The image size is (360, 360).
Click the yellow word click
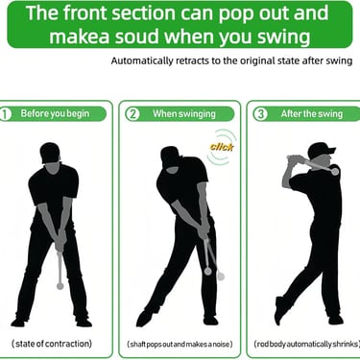tap(222, 147)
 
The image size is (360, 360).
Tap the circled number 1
tap(5, 114)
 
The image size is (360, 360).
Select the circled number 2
tap(132, 114)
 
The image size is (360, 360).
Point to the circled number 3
tap(260, 114)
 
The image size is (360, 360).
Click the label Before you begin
tap(55, 113)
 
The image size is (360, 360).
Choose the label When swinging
tap(184, 114)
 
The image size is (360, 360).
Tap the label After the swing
tap(312, 114)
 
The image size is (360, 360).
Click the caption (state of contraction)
tap(52, 344)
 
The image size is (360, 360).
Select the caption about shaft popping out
tap(180, 345)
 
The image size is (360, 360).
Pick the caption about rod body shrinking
tap(306, 345)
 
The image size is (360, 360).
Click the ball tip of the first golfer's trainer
tap(60, 285)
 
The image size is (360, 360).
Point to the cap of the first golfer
tap(50, 153)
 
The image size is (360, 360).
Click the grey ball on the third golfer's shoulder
tap(335, 172)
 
